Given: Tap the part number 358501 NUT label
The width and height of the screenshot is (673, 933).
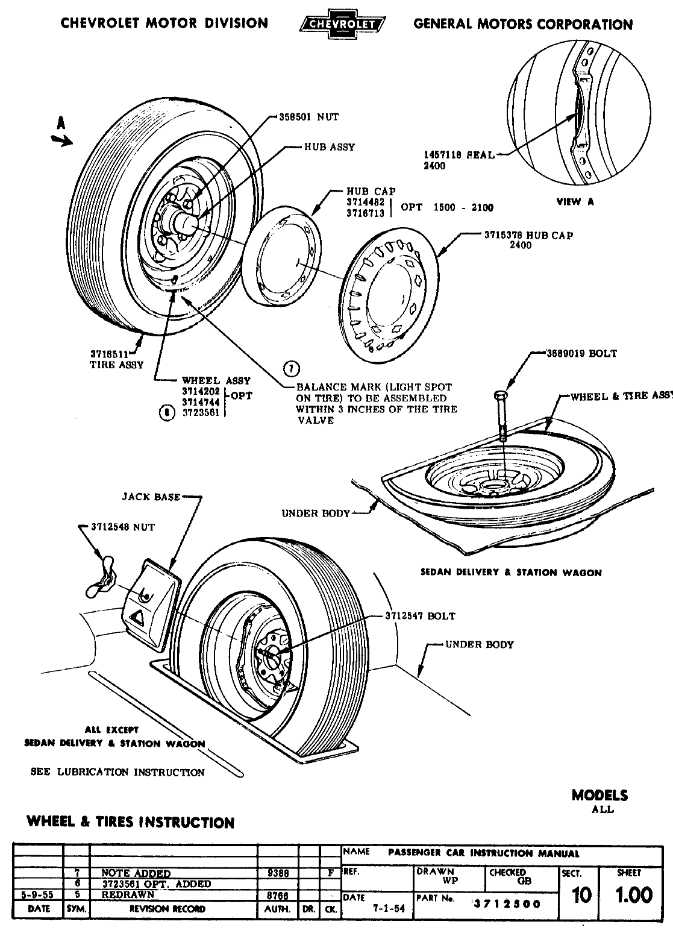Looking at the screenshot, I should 308,118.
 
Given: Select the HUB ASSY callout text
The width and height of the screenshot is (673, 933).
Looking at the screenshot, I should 329,146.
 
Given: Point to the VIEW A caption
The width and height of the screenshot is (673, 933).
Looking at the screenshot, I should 575,201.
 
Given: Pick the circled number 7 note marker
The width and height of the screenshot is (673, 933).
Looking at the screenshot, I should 290,368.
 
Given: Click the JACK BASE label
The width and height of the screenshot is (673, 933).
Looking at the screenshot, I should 151,497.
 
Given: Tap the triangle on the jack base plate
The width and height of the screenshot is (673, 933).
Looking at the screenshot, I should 136,617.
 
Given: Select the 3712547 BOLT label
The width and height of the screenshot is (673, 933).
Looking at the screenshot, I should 421,616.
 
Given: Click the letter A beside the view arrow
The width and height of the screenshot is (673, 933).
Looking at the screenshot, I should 60,122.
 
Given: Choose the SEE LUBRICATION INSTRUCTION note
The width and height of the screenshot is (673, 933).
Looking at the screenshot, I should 117,772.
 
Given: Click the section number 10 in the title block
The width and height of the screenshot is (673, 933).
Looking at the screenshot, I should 581,896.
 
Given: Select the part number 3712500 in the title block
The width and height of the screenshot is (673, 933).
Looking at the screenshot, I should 507,903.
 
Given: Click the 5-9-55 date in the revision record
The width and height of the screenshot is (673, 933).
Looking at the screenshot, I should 39,895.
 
